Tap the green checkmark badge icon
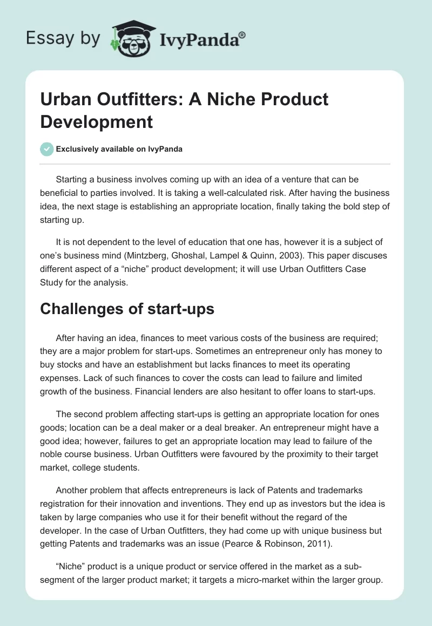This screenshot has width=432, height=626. tap(47, 149)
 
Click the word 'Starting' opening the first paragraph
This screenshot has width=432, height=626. tap(73, 179)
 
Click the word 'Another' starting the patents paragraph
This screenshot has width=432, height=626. tap(73, 489)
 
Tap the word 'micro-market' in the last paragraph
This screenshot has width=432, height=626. tap(251, 575)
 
